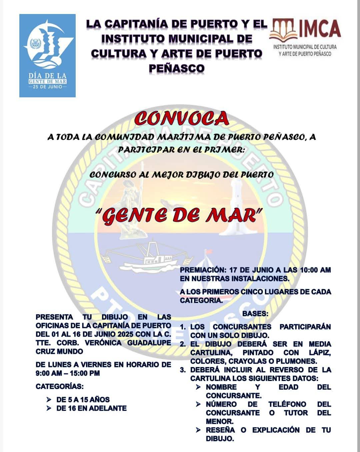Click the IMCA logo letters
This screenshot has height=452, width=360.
tap(319, 29)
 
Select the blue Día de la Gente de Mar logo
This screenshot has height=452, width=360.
tap(47, 56)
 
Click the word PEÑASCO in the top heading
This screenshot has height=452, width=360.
tap(176, 68)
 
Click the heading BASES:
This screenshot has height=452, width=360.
tap(255, 314)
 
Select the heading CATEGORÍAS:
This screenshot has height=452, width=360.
tap(60, 386)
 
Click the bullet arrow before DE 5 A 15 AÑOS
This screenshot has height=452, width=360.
tap(49, 399)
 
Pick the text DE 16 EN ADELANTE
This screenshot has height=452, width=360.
tap(91, 408)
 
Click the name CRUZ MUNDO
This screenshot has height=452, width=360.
tap(59, 351)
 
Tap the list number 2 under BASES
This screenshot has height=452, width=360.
tap(183, 344)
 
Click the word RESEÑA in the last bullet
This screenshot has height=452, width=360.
tap(220, 430)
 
